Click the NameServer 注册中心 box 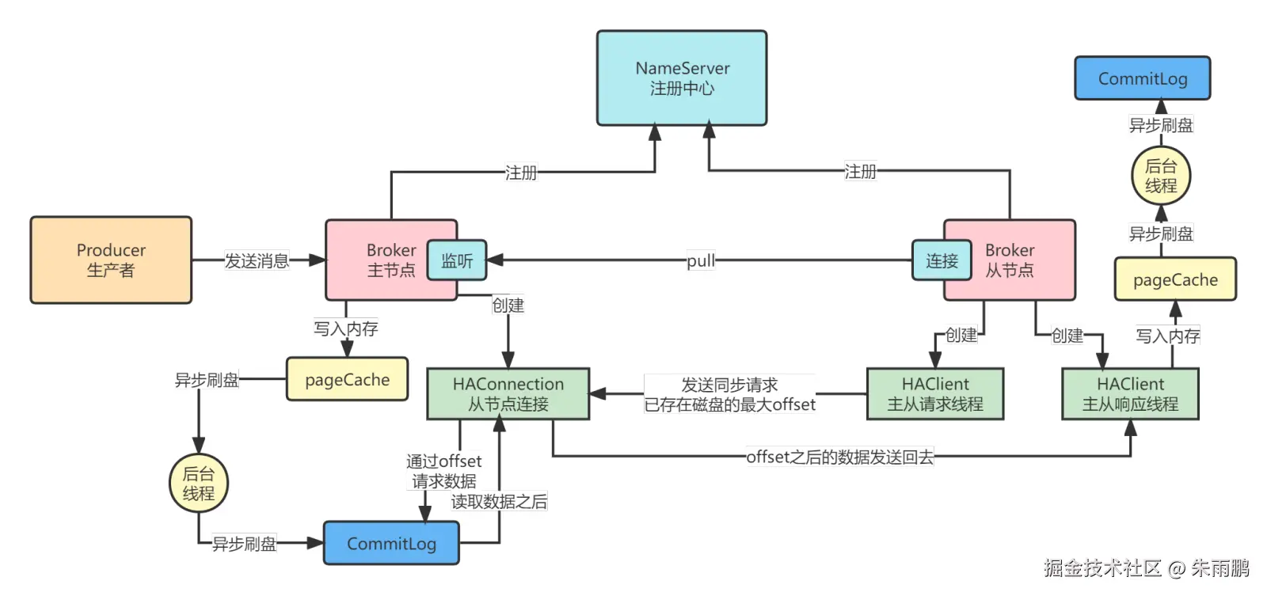(x=682, y=78)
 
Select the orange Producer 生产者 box (x=111, y=260)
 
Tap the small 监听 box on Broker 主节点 (x=457, y=260)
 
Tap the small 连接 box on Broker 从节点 (x=942, y=260)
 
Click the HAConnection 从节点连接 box (x=508, y=393)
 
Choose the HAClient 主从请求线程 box (x=934, y=393)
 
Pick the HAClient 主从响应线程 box (x=1130, y=393)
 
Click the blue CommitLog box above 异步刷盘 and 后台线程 (x=1142, y=78)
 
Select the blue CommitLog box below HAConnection (x=391, y=543)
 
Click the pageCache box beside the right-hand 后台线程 (x=1175, y=279)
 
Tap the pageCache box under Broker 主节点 (x=347, y=379)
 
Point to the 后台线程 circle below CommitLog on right (x=1160, y=176)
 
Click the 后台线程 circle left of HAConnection (x=198, y=483)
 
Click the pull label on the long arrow (x=701, y=260)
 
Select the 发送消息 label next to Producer (x=257, y=260)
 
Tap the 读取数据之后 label (x=499, y=502)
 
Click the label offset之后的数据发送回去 (x=839, y=457)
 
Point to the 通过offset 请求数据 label (x=443, y=471)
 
